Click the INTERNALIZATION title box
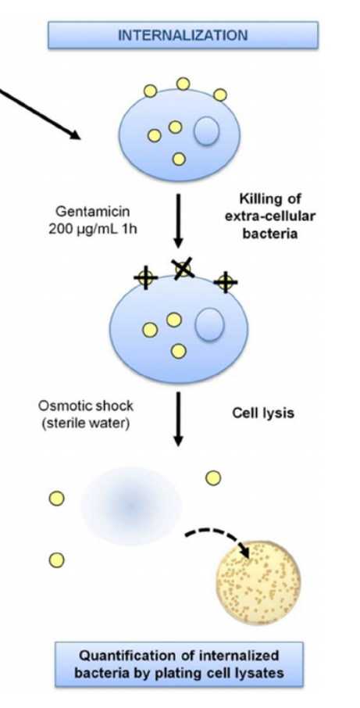click(x=183, y=35)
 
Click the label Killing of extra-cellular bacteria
click(x=270, y=216)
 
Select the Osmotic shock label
click(x=86, y=406)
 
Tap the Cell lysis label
click(x=263, y=413)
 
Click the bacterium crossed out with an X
click(x=183, y=269)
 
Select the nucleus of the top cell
click(x=206, y=131)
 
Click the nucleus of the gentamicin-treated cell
click(x=209, y=324)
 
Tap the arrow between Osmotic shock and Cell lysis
click(x=178, y=418)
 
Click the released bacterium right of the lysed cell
click(x=212, y=477)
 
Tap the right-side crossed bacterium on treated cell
click(x=225, y=281)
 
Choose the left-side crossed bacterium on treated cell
click(x=144, y=277)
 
